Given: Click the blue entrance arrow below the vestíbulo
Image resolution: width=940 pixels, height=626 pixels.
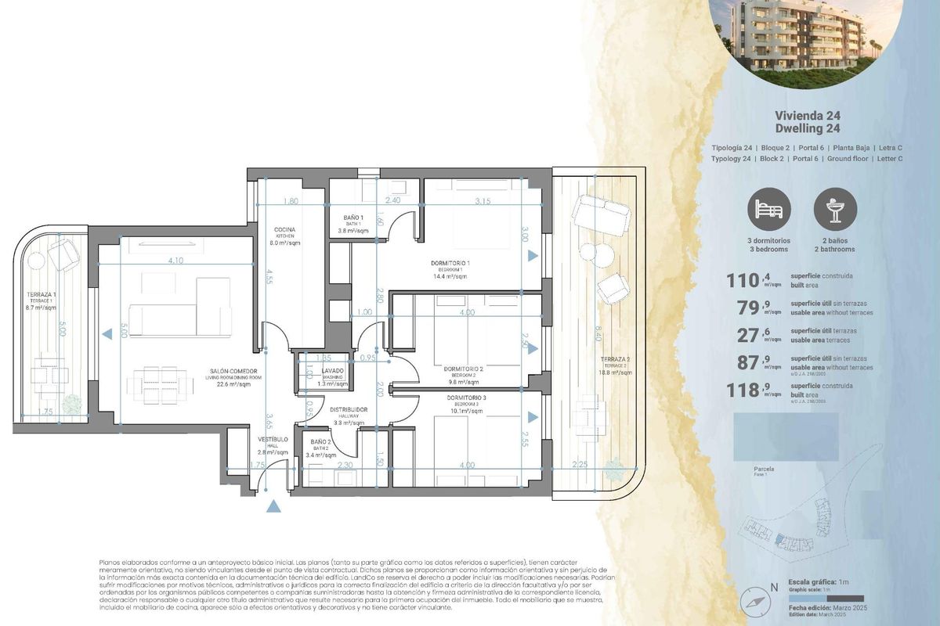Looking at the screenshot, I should [273, 506].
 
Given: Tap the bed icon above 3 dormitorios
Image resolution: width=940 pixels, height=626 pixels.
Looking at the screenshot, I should [768, 208].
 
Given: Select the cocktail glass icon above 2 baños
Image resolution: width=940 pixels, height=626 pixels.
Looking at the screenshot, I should [835, 208].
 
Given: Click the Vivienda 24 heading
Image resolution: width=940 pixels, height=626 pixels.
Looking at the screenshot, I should [808, 115].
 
